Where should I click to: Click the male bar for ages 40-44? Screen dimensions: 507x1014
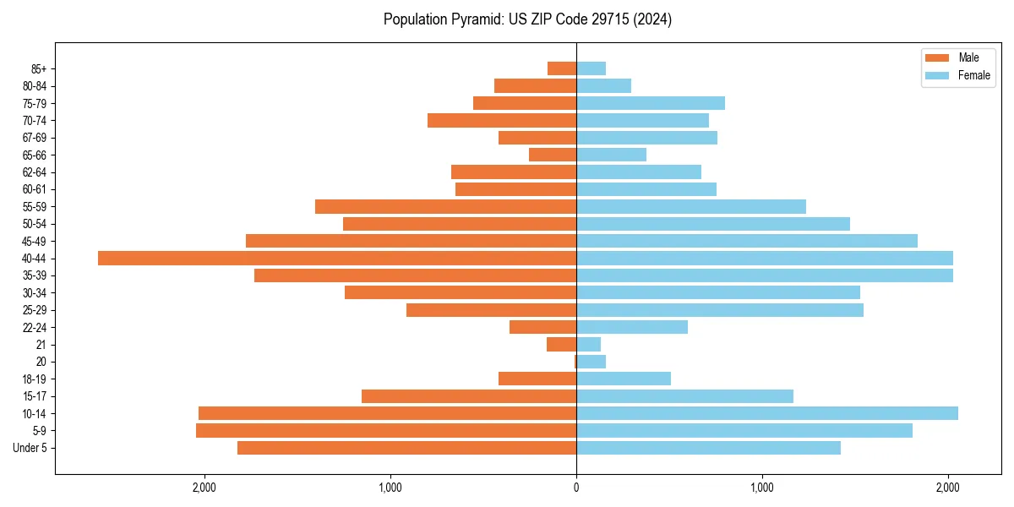click(x=337, y=258)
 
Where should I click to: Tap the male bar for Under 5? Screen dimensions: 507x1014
click(x=406, y=448)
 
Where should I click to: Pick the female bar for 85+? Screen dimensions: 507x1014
click(x=591, y=68)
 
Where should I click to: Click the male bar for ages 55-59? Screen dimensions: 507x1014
click(x=445, y=206)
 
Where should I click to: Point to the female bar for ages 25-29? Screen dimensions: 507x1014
click(x=719, y=310)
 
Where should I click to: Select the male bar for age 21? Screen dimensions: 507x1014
click(x=562, y=344)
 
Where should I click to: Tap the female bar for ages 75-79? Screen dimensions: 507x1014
click(x=650, y=103)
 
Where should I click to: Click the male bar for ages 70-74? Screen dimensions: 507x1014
click(x=502, y=120)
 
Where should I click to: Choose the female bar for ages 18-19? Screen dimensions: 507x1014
click(x=623, y=379)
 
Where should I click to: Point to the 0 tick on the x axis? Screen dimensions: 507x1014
click(x=576, y=488)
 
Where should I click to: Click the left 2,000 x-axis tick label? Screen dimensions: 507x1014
click(x=204, y=488)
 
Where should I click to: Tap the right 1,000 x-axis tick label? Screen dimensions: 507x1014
click(x=762, y=488)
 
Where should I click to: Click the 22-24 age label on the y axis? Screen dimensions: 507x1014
click(x=35, y=327)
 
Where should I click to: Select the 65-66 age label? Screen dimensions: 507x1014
click(x=35, y=155)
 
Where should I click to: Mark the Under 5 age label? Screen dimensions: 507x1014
click(x=30, y=448)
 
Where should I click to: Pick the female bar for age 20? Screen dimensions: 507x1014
click(x=591, y=362)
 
